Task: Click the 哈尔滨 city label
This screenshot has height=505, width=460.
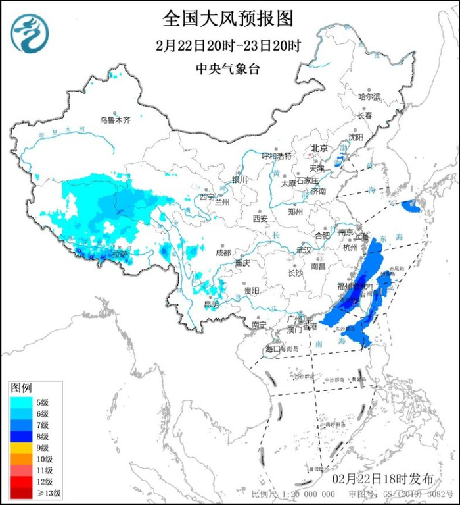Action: click(x=369, y=97)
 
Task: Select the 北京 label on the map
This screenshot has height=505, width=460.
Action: click(x=319, y=148)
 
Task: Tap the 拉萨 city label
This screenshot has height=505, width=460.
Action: click(x=120, y=253)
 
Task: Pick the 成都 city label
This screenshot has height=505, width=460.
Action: click(x=223, y=252)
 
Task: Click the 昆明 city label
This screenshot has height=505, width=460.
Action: click(x=211, y=304)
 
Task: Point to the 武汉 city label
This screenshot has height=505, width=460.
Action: click(x=304, y=250)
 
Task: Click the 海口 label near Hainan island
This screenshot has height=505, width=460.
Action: click(x=273, y=348)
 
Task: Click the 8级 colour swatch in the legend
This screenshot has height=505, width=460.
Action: click(x=21, y=436)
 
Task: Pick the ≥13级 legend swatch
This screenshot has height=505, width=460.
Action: click(x=21, y=492)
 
